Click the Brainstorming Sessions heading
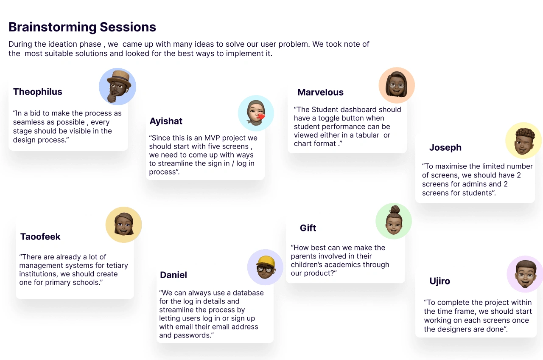tap(82, 27)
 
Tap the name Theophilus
tap(38, 92)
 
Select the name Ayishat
tap(166, 121)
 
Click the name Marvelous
tap(320, 92)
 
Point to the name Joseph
tap(445, 147)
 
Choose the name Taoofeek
tap(40, 236)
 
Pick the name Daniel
tap(174, 275)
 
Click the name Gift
tap(308, 228)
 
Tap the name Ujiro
tap(439, 281)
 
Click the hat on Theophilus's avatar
tap(119, 78)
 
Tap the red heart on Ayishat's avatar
tap(261, 117)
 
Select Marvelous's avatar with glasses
tap(397, 85)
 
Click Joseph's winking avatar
tap(523, 141)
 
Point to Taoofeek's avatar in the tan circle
tap(123, 225)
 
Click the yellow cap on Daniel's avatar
tap(266, 262)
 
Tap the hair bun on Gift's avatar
tap(395, 209)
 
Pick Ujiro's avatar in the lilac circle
tap(525, 274)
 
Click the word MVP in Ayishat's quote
tap(212, 138)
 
